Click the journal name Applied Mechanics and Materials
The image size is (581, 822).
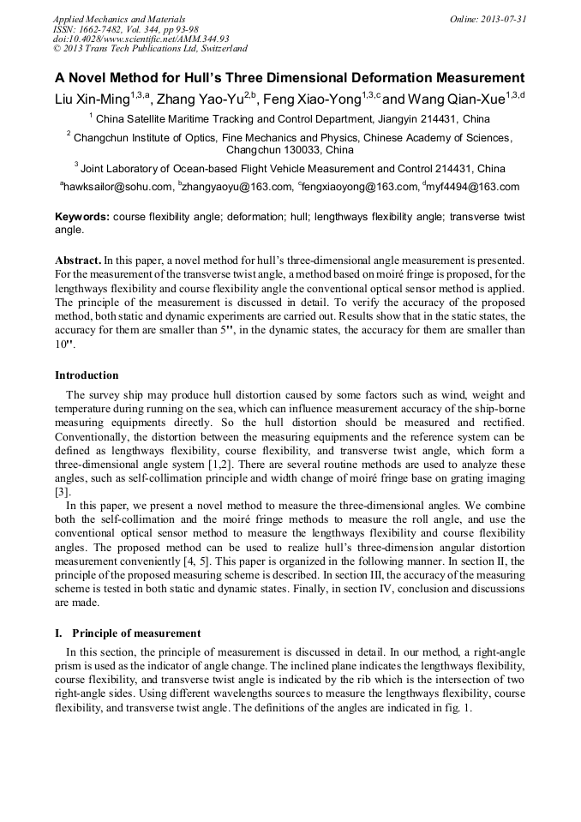click(119, 19)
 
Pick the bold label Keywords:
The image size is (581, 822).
click(82, 218)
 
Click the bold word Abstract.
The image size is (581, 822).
click(78, 259)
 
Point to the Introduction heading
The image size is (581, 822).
click(87, 375)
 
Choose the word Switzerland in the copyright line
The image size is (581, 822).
click(219, 49)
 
